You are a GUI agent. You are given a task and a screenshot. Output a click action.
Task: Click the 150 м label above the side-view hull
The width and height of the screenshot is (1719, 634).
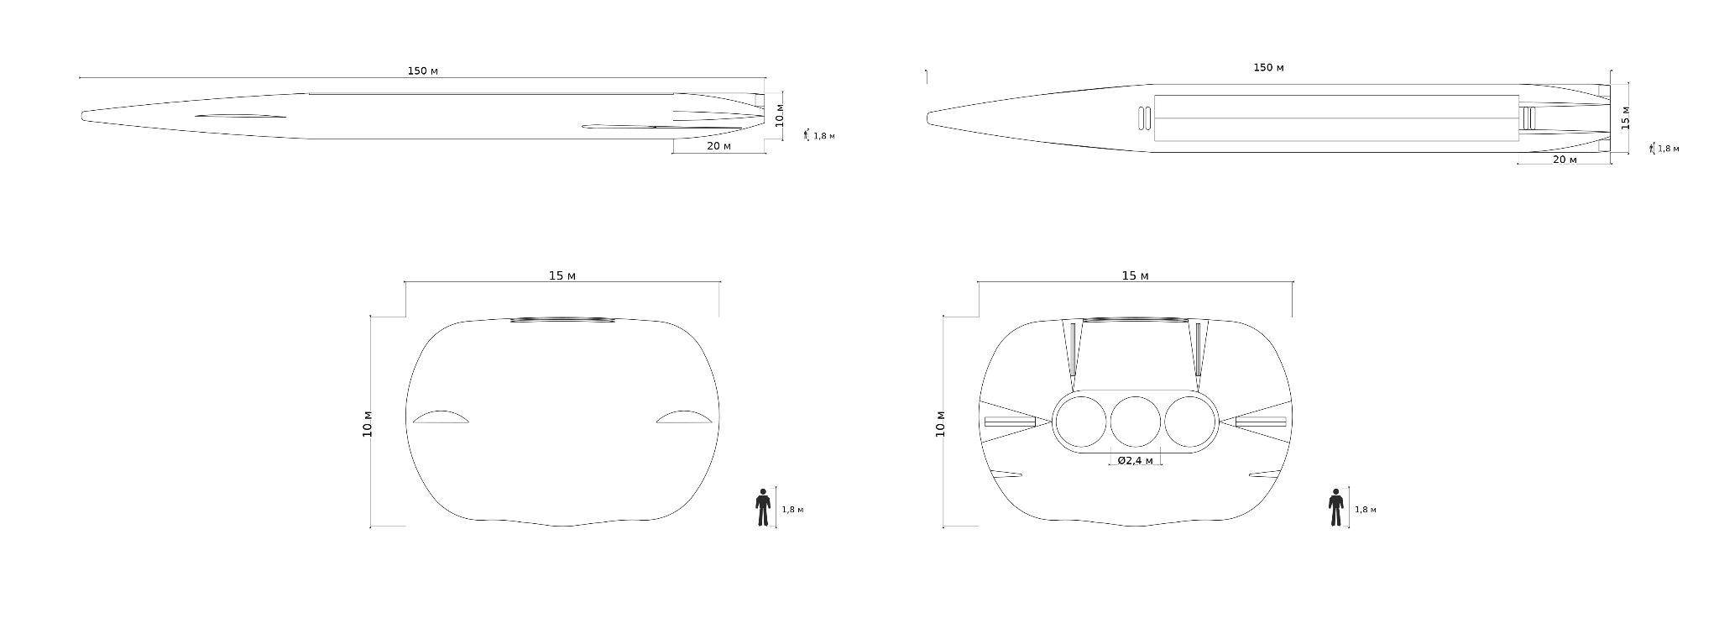422,71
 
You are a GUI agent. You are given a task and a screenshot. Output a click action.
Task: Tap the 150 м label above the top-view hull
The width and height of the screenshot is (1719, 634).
1268,67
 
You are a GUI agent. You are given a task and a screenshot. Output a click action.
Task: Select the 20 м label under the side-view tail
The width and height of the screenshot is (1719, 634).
718,146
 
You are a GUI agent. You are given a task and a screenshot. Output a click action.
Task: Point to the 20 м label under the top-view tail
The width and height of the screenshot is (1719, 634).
1565,160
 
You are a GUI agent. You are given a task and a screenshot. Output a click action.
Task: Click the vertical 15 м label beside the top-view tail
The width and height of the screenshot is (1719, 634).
1625,118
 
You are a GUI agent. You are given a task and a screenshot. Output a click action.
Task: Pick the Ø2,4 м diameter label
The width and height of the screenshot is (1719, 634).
1135,460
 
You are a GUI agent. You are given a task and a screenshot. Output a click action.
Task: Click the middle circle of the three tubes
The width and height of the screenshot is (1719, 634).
1136,422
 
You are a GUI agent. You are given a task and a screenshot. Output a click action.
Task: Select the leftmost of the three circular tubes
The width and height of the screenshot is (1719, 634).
1081,422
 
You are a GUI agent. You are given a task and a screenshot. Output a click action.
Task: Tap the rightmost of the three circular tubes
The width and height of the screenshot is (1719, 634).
1190,422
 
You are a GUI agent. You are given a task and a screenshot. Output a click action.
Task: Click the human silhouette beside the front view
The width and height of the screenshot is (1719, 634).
763,507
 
